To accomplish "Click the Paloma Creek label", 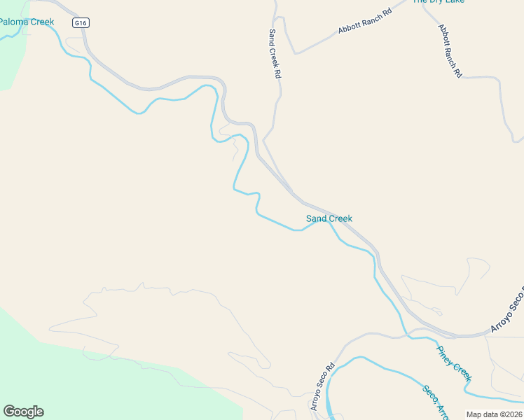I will click(x=26, y=22).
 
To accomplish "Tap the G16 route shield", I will click(x=81, y=23).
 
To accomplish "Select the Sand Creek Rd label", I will click(x=275, y=53).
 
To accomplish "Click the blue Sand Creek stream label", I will click(x=329, y=218).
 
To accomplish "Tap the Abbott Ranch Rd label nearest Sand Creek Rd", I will click(x=363, y=20).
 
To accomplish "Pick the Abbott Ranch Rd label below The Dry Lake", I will click(x=450, y=50).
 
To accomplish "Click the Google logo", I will click(x=23, y=412).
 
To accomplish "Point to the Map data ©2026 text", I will click(x=495, y=414).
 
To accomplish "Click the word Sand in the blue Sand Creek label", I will click(x=316, y=218).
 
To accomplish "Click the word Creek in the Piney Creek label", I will click(x=462, y=371).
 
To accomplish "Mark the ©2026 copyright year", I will click(x=510, y=414).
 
